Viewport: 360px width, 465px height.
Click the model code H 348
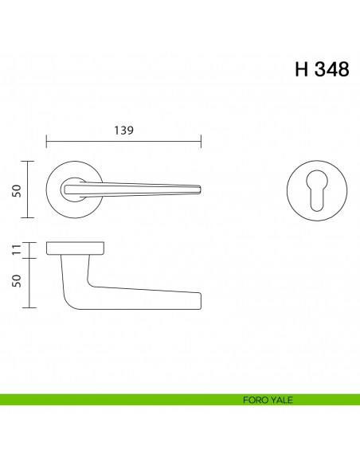(321, 69)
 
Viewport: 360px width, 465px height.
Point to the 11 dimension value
(16, 250)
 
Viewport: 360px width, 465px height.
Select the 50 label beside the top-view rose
(16, 190)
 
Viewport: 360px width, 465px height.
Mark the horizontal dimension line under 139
(123, 143)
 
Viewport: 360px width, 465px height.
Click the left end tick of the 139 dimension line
(47, 143)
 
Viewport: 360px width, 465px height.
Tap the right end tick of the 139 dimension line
(201, 143)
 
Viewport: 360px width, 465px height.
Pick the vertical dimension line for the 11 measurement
(29, 250)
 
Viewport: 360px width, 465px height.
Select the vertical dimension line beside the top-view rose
(29, 190)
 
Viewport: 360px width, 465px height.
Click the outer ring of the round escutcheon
(315, 164)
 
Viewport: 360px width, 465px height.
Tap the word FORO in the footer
(255, 400)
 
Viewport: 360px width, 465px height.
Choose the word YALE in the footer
(280, 400)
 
